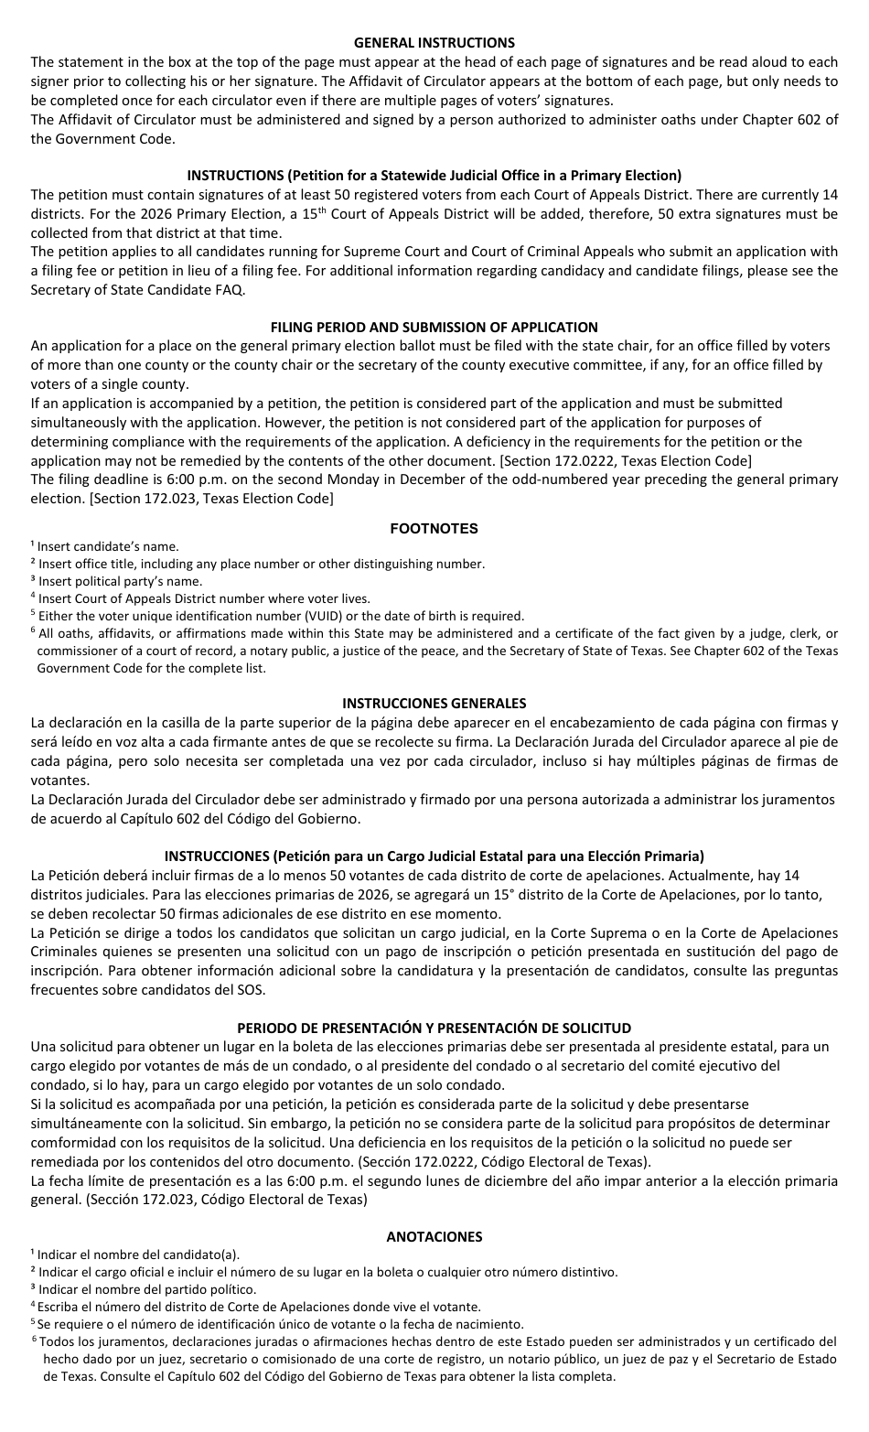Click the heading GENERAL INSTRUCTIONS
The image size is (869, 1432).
pos(434,43)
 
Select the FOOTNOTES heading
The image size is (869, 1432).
pos(434,528)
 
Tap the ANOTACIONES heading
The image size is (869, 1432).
pos(434,1236)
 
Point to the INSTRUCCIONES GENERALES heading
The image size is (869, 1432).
pos(434,704)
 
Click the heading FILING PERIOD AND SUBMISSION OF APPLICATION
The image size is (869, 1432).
pos(434,327)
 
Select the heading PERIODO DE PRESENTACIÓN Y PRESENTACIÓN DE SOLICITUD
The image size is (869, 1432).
pos(434,1028)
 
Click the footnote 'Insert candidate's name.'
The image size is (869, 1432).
pos(108,546)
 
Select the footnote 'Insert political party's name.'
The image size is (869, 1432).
pos(120,581)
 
